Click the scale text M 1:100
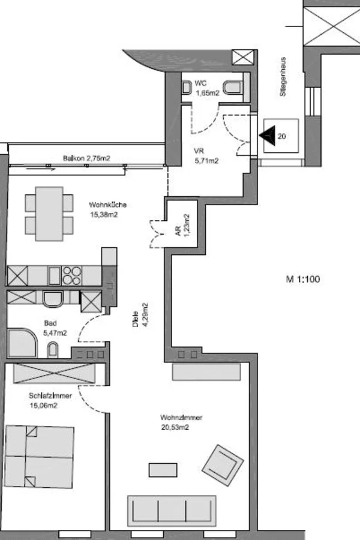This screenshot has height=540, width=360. pyautogui.click(x=303, y=279)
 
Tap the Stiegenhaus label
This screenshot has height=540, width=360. pyautogui.click(x=283, y=76)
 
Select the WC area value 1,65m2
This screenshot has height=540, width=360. pyautogui.click(x=208, y=93)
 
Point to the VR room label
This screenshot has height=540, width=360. pyautogui.click(x=199, y=151)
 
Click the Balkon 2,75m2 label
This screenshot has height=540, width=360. pyautogui.click(x=86, y=158)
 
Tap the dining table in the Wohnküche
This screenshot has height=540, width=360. pyautogui.click(x=49, y=214)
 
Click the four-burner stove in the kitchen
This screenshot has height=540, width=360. pyautogui.click(x=71, y=275)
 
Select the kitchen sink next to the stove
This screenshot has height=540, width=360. pyautogui.click(x=54, y=275)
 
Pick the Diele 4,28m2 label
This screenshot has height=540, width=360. pyautogui.click(x=140, y=315)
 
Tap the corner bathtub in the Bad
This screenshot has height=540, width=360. pyautogui.click(x=22, y=343)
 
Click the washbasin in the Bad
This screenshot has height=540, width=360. pyautogui.click(x=53, y=349)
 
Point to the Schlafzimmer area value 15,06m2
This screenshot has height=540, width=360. pyautogui.click(x=43, y=406)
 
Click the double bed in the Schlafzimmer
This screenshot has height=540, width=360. pyautogui.click(x=39, y=457)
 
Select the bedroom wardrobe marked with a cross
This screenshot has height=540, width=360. pyautogui.click(x=54, y=373)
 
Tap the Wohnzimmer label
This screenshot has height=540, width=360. pyautogui.click(x=181, y=418)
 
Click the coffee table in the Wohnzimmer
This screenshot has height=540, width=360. pyautogui.click(x=163, y=470)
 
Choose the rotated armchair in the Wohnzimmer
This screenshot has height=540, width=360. pyautogui.click(x=223, y=465)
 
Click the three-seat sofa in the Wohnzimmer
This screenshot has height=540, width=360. pyautogui.click(x=172, y=511)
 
